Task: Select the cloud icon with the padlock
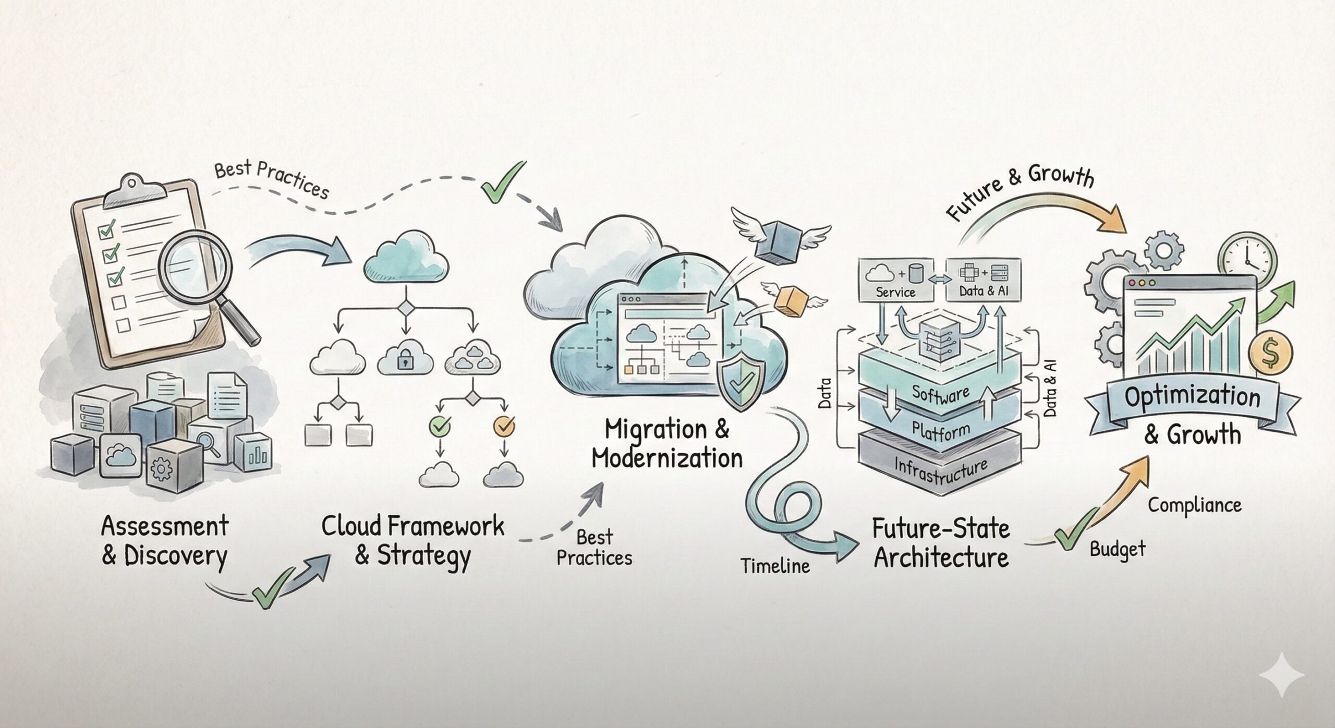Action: tap(405, 357)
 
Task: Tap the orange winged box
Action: tap(790, 301)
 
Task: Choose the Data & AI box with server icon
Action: tap(984, 281)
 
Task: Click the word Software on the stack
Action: tap(941, 395)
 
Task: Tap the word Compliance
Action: tap(1194, 505)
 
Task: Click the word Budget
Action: tap(1118, 550)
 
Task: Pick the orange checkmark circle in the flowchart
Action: tap(504, 426)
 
